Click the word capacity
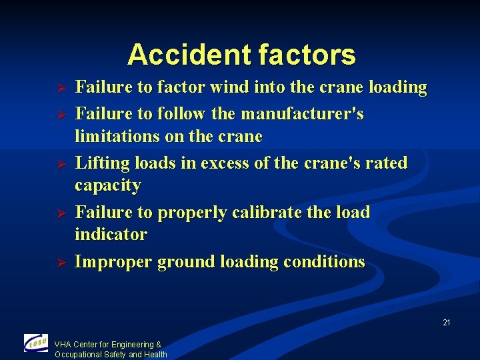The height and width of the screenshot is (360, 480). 108,186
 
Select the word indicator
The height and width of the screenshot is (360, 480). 111,235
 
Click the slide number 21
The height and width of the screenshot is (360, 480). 447,323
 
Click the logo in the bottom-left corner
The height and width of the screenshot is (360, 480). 35,343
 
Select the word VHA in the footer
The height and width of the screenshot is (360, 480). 63,345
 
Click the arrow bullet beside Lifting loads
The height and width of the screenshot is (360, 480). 59,164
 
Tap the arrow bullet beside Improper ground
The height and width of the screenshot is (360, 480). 59,263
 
